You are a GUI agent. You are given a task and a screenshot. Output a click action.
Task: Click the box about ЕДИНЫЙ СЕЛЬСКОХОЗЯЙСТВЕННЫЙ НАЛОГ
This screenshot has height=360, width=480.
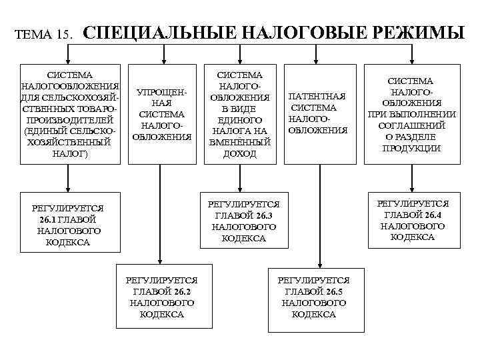coord(70,114)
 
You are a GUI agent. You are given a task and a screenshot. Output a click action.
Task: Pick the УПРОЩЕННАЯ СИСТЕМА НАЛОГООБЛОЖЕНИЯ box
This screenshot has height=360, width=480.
coord(162,114)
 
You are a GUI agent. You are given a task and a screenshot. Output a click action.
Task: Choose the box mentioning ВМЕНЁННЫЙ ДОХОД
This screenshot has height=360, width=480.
coord(240,114)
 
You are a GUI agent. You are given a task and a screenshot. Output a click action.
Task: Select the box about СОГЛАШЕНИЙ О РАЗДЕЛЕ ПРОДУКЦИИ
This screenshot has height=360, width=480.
coord(412,114)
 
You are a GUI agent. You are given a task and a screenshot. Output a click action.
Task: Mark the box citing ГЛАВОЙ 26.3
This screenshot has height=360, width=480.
coord(243,221)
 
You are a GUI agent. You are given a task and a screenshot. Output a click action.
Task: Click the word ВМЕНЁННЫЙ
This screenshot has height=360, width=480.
coord(240,142)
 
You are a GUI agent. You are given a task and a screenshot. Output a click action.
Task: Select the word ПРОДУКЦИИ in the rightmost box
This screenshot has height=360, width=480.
coord(412,148)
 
